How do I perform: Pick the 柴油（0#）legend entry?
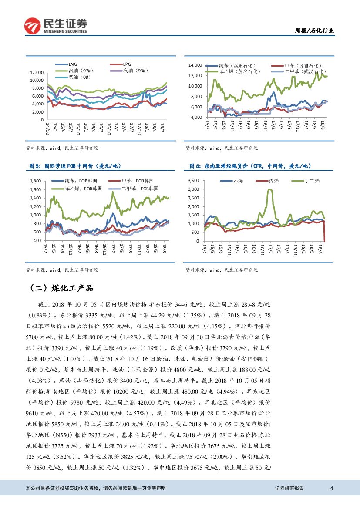click(x=79, y=77)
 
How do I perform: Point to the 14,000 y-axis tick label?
click(x=195, y=65)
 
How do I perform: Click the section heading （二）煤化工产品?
click(x=61, y=288)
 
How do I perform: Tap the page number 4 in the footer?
click(x=332, y=488)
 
